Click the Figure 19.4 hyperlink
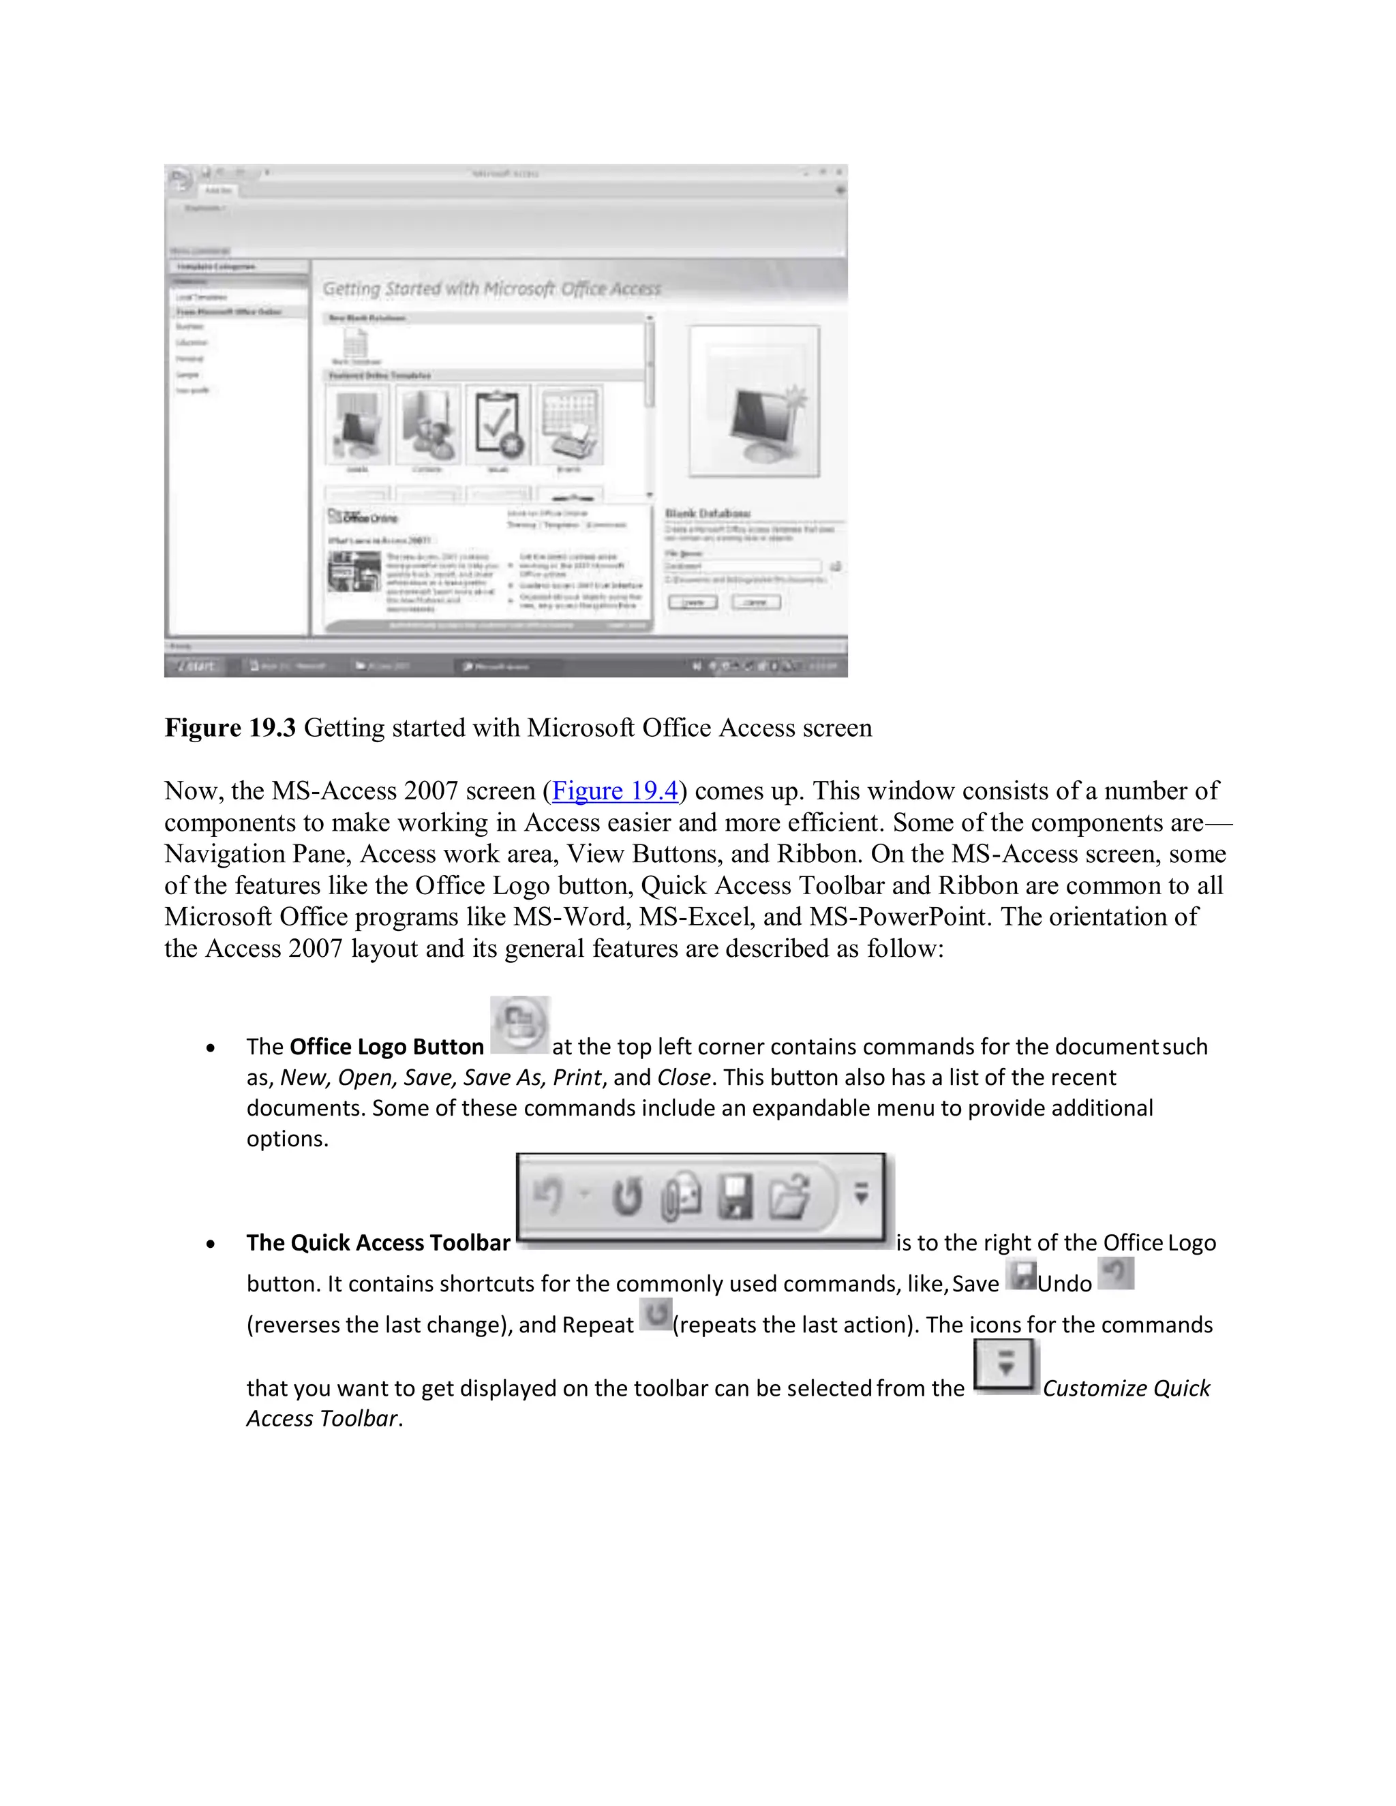(614, 791)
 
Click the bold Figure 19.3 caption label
(230, 728)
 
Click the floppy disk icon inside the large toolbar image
(734, 1198)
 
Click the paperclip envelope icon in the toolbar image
(682, 1198)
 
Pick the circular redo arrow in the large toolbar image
(627, 1197)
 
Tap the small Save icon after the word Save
(1021, 1274)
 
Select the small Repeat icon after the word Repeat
(656, 1314)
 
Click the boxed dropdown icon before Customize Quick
(1005, 1365)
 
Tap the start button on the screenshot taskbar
(195, 666)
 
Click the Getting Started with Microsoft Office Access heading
(491, 288)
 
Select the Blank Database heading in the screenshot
(707, 512)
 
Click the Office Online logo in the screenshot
(363, 518)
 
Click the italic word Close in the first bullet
(683, 1077)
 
